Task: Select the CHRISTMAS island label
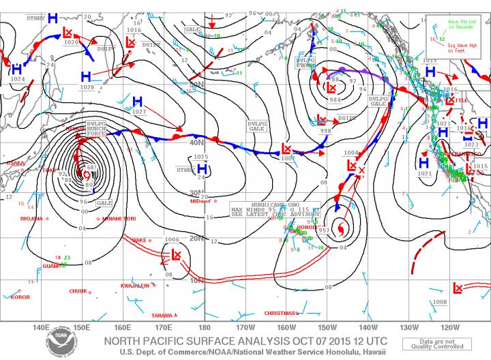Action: [x=279, y=313]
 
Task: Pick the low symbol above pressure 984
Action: [x=331, y=88]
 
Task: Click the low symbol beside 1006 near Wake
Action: [x=177, y=256]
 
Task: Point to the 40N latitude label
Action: [x=197, y=142]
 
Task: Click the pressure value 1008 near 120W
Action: [x=439, y=301]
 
